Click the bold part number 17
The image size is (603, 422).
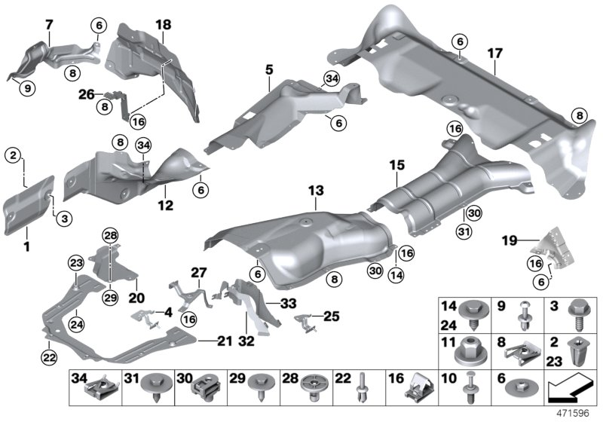click(494, 54)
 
